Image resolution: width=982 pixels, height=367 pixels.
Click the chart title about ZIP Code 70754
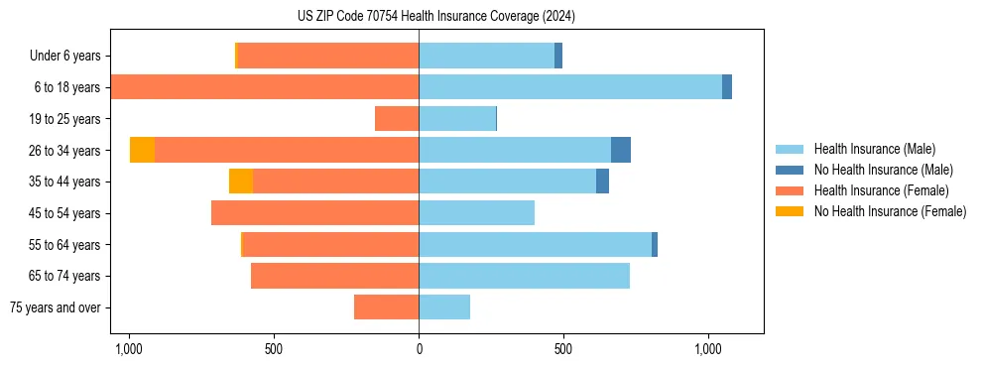click(x=435, y=16)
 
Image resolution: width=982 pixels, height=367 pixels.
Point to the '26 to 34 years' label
click(x=64, y=151)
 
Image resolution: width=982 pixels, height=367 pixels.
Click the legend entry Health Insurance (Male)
click(x=873, y=149)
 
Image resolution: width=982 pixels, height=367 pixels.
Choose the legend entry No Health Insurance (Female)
click(x=890, y=211)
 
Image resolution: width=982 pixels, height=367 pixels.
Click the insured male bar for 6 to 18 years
click(x=570, y=87)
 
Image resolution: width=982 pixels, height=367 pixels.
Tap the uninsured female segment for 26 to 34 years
click(x=142, y=150)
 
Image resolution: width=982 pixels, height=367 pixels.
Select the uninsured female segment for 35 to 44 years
click(x=241, y=182)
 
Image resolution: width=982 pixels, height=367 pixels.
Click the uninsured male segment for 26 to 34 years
click(x=621, y=150)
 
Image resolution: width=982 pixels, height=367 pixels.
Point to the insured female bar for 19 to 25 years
click(x=397, y=119)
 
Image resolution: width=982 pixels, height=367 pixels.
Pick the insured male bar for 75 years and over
click(x=444, y=307)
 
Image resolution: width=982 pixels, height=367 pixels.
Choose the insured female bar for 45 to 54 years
click(x=314, y=213)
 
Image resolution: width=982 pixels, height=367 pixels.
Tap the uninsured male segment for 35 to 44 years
click(x=602, y=182)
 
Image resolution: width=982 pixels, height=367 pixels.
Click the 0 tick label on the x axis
click(x=419, y=350)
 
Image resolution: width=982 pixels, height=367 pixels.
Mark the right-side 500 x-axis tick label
click(x=563, y=350)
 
